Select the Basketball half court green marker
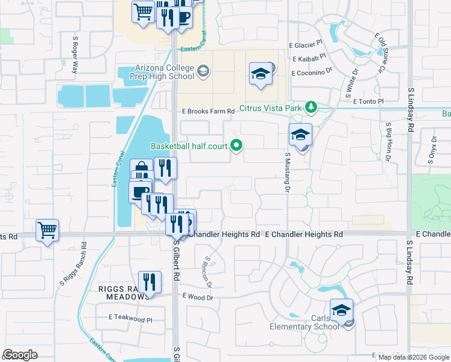click(237, 145)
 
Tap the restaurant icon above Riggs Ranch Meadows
click(150, 282)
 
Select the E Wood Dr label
click(198, 297)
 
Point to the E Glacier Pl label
click(306, 45)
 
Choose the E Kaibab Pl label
click(309, 59)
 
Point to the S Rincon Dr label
click(209, 271)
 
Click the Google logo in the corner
click(20, 355)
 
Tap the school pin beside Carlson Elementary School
click(341, 311)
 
